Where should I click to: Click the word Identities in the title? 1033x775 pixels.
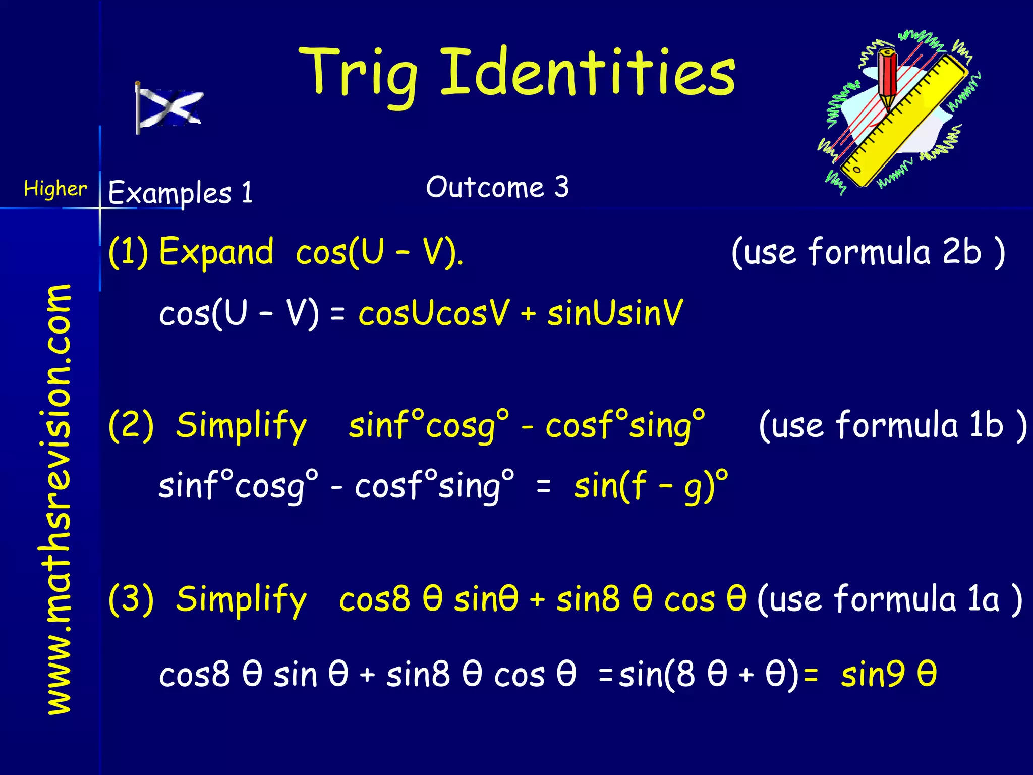tap(588, 73)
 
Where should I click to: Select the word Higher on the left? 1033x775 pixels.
tap(55, 189)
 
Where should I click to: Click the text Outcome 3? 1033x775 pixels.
tap(497, 187)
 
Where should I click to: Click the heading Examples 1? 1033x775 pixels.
tap(180, 193)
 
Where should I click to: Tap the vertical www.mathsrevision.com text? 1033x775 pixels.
tap(58, 500)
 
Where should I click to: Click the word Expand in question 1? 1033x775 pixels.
tap(216, 252)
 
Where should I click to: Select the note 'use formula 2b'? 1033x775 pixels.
tap(868, 252)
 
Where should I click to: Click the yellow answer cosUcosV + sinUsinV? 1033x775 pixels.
tap(520, 313)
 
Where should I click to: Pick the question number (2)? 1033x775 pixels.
tap(131, 425)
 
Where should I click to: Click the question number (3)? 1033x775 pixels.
tap(131, 599)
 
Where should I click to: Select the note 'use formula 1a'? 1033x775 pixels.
tap(890, 599)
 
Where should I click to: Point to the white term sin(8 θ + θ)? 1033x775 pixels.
tap(709, 675)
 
